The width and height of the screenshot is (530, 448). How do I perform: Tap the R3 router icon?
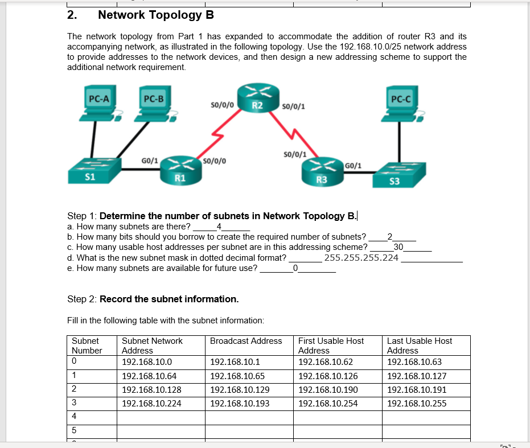click(322, 171)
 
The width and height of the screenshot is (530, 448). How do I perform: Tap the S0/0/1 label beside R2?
click(294, 107)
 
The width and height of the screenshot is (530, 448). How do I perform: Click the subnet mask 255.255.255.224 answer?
click(361, 257)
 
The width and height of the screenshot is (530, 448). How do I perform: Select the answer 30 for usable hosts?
click(398, 246)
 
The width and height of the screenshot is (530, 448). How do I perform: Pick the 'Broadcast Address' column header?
click(246, 341)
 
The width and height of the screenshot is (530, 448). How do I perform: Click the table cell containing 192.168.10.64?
click(149, 376)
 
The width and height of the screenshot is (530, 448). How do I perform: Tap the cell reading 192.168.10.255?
click(417, 404)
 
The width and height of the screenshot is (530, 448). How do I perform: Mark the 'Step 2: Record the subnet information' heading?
click(153, 299)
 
